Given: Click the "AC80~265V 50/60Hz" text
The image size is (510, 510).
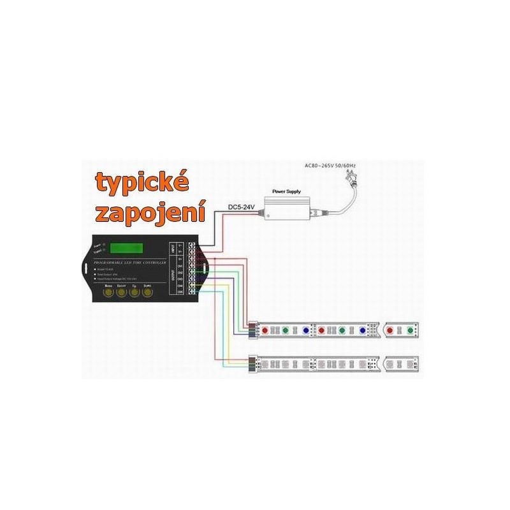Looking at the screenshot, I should tap(330, 166).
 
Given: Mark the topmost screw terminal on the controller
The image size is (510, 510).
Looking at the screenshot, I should tap(191, 244).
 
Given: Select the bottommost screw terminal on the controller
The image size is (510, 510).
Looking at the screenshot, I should tap(191, 291).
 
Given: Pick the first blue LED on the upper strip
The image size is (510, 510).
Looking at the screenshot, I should tap(305, 330).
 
